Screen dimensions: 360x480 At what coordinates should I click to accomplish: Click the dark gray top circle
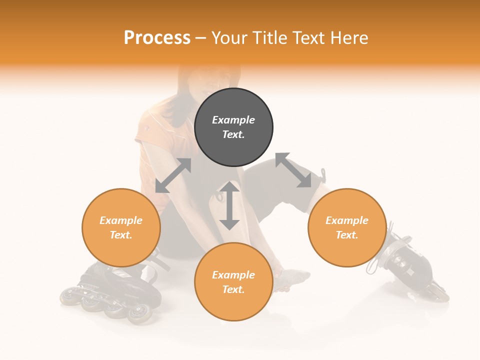click(233, 127)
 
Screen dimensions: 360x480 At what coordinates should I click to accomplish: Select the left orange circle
click(121, 227)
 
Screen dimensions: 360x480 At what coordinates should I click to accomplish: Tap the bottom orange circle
click(233, 281)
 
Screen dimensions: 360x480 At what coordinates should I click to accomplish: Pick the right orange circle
click(347, 227)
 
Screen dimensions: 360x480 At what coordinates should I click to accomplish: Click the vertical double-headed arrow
click(229, 205)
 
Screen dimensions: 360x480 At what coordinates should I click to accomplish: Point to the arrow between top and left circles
click(173, 175)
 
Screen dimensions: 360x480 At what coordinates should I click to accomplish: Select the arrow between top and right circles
click(293, 170)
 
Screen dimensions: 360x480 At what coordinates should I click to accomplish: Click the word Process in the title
click(157, 37)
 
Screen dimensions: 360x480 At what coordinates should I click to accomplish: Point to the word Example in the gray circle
click(233, 120)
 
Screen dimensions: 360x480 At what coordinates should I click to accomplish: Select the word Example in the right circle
click(347, 220)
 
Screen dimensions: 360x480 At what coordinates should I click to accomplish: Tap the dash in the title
click(201, 38)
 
